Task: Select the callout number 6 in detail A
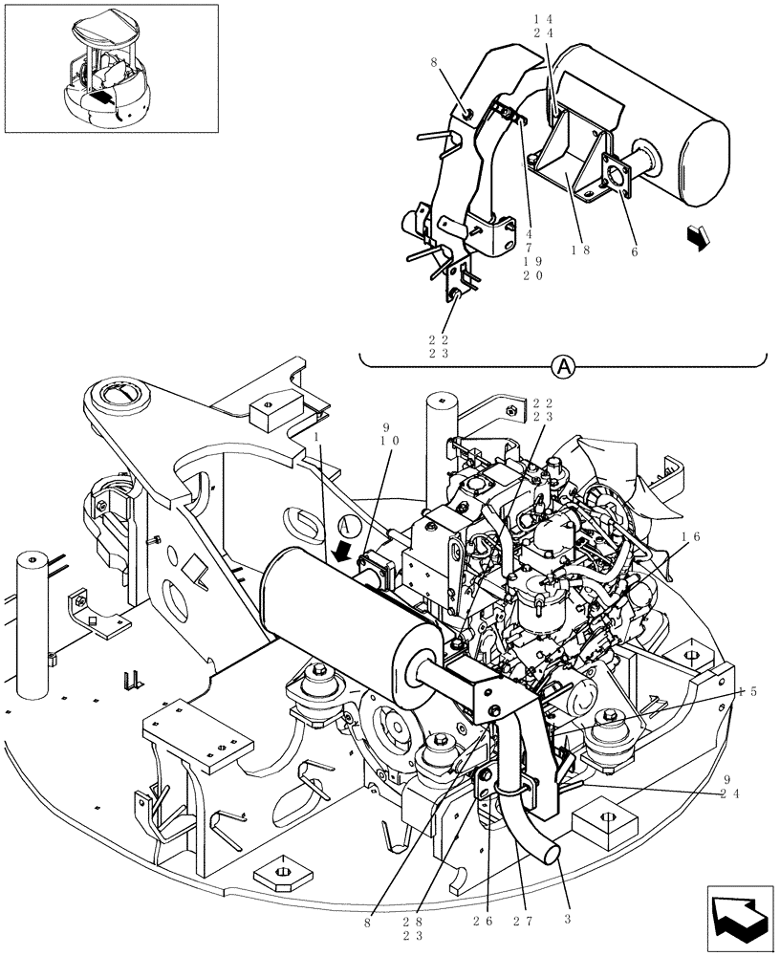[632, 252]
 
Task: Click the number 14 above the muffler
[552, 18]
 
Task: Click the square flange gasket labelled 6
[611, 181]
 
